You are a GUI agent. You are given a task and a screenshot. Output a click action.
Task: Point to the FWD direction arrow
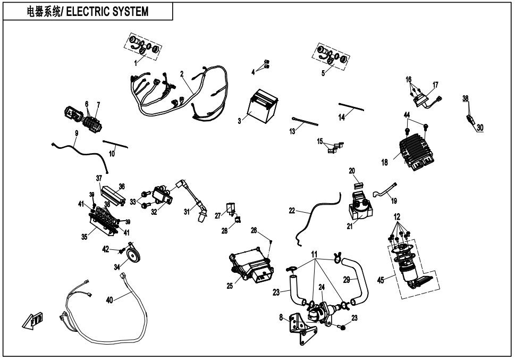pos(33,321)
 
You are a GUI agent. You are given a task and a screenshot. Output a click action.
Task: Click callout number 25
pos(230,286)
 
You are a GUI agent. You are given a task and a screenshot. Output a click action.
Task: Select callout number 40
pos(109,300)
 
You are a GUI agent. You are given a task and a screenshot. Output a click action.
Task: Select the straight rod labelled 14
pos(351,106)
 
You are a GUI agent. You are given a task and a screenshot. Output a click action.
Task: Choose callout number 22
pos(292,211)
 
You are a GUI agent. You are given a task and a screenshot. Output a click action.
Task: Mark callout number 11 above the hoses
pos(315,255)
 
